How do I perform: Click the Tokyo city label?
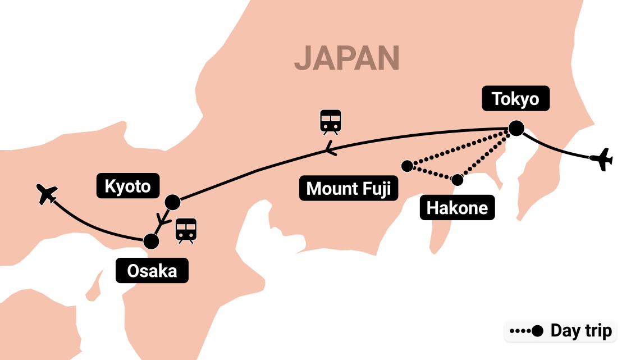point(515,99)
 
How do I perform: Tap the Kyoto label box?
point(127,186)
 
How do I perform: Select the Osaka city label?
point(152,271)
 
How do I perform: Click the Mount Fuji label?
point(348,189)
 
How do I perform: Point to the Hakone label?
point(457,208)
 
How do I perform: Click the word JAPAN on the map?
point(346,57)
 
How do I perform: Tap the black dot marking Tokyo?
point(515,129)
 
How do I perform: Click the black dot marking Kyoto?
point(172,201)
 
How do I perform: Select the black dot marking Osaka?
point(150,241)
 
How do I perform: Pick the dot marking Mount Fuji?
point(407,166)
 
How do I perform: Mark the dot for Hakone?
point(458,180)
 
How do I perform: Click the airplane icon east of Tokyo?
point(601,159)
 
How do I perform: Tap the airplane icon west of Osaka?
point(46,194)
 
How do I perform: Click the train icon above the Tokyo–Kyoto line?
point(331,122)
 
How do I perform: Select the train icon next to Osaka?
point(186,230)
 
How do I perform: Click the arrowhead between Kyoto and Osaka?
point(162,220)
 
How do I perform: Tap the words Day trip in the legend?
point(580,331)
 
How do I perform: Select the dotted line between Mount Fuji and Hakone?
point(432,173)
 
